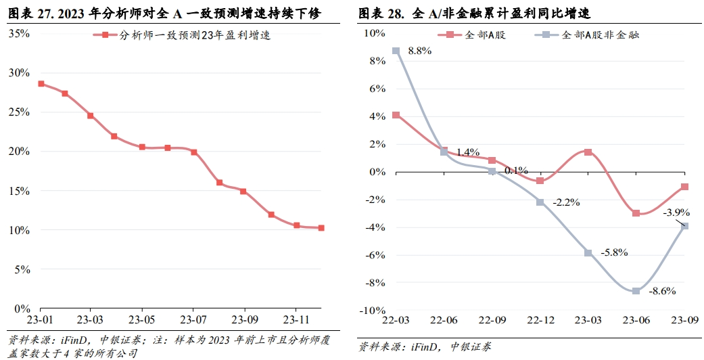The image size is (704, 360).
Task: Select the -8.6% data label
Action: click(x=663, y=291)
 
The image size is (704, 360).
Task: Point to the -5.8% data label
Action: click(x=615, y=252)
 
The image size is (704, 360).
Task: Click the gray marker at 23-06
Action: click(x=636, y=291)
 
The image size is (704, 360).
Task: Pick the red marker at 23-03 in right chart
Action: click(x=588, y=152)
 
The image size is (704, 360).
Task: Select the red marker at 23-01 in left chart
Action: click(x=41, y=84)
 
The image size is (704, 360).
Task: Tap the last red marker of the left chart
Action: click(x=321, y=228)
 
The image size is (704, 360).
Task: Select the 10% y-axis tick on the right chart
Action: click(x=374, y=32)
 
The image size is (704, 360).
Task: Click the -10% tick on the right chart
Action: click(x=372, y=310)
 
